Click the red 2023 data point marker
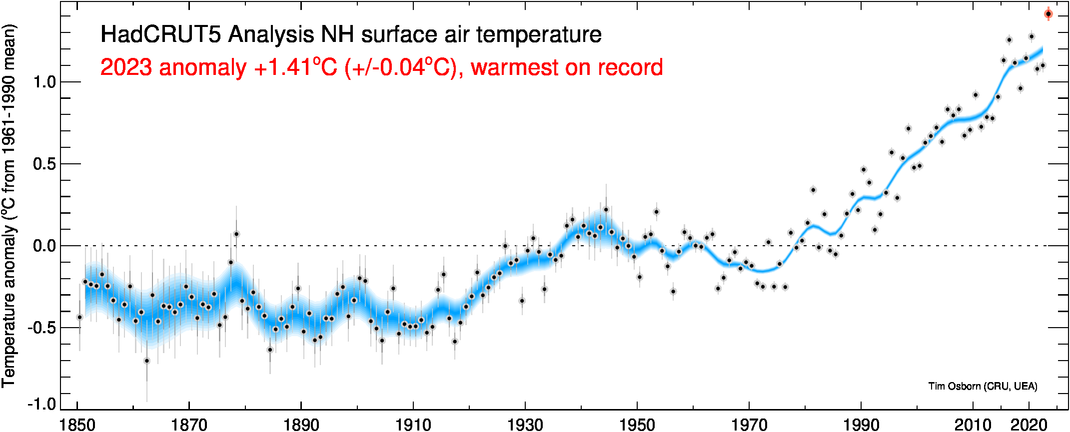click(x=1049, y=14)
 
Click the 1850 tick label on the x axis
click(x=77, y=425)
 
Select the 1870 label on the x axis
click(x=189, y=425)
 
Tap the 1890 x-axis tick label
click(x=301, y=425)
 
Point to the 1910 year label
click(x=413, y=425)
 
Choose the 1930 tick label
click(x=525, y=425)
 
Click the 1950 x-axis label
click(x=637, y=425)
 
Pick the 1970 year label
click(x=749, y=425)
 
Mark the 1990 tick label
click(x=861, y=425)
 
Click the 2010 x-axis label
click(x=973, y=425)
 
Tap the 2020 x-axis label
click(x=1029, y=425)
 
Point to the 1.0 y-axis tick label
click(x=44, y=82)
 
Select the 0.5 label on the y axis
click(x=44, y=164)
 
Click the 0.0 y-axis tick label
click(x=44, y=246)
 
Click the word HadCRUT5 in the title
click(x=160, y=35)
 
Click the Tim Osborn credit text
click(x=983, y=386)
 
